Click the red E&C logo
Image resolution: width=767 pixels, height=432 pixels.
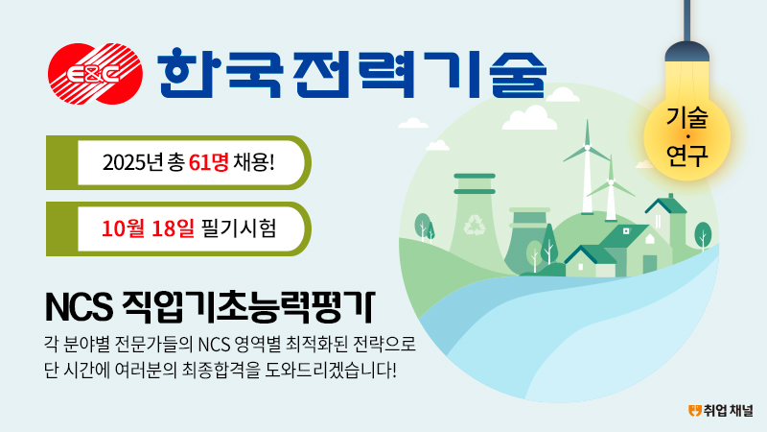(95, 74)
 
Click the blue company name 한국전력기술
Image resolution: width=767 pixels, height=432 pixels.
(352, 73)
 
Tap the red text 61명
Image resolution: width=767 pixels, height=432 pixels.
(208, 162)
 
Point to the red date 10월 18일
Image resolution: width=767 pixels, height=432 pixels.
(148, 228)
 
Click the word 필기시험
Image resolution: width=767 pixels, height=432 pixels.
(239, 228)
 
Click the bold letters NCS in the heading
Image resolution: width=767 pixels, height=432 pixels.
(79, 307)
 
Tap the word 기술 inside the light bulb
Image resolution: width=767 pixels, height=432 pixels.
(686, 118)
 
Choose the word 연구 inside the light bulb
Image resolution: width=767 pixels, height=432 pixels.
(686, 155)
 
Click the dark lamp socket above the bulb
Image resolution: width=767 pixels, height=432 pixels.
(686, 52)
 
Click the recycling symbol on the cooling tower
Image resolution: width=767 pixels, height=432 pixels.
(473, 225)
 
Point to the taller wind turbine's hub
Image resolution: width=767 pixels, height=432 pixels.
(587, 147)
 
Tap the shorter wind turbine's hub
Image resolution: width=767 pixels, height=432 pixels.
(610, 183)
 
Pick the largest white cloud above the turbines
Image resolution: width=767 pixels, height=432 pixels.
(530, 118)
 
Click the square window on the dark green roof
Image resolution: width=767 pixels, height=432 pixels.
(626, 230)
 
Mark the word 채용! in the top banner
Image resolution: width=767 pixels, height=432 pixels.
(254, 162)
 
